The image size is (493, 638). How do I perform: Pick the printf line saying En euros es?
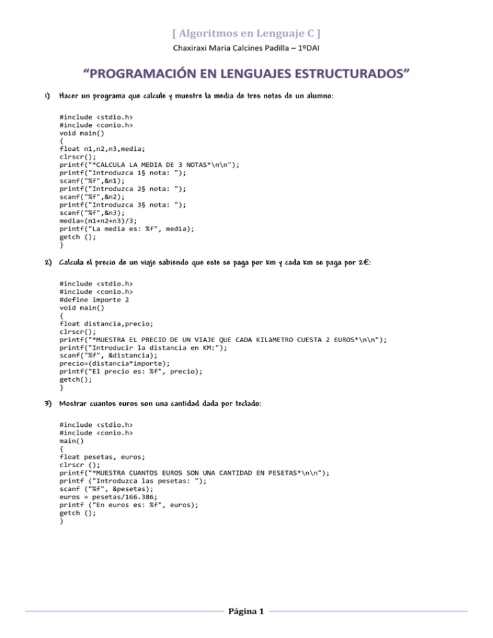coord(128,505)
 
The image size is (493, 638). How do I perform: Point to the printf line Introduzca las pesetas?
coord(128,477)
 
